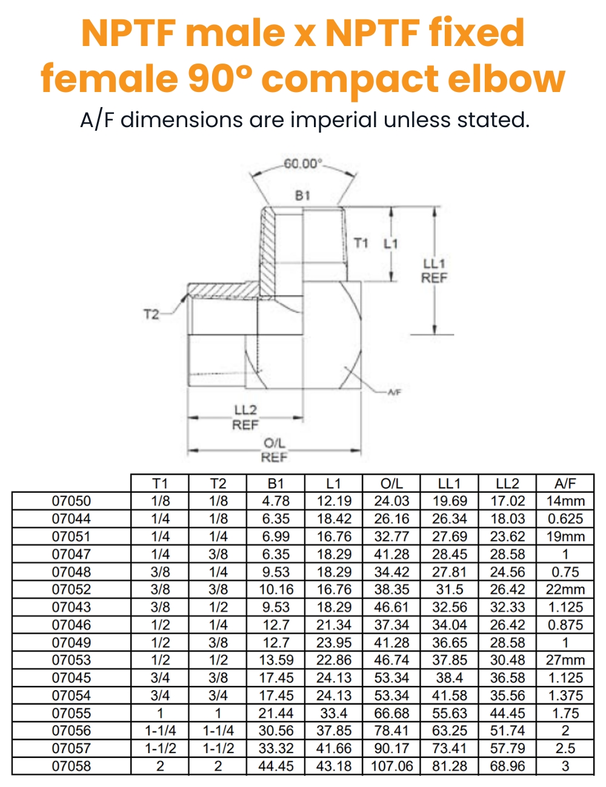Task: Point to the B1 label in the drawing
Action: (302, 196)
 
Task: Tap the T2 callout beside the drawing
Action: (151, 314)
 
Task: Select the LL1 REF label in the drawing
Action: (435, 271)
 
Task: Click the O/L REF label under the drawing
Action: (274, 450)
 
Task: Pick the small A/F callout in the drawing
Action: (395, 392)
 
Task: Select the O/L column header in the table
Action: (391, 484)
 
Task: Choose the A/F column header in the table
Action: (565, 484)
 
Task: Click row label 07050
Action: (72, 501)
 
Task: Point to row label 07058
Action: (72, 766)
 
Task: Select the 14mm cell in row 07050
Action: (565, 501)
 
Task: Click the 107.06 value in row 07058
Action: (391, 766)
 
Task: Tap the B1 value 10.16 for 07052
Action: (276, 590)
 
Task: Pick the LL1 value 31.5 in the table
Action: (449, 590)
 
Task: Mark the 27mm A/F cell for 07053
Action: (565, 660)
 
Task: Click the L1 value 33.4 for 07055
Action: (334, 714)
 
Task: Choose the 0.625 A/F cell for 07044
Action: (565, 519)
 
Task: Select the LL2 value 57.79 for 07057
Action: (507, 749)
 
